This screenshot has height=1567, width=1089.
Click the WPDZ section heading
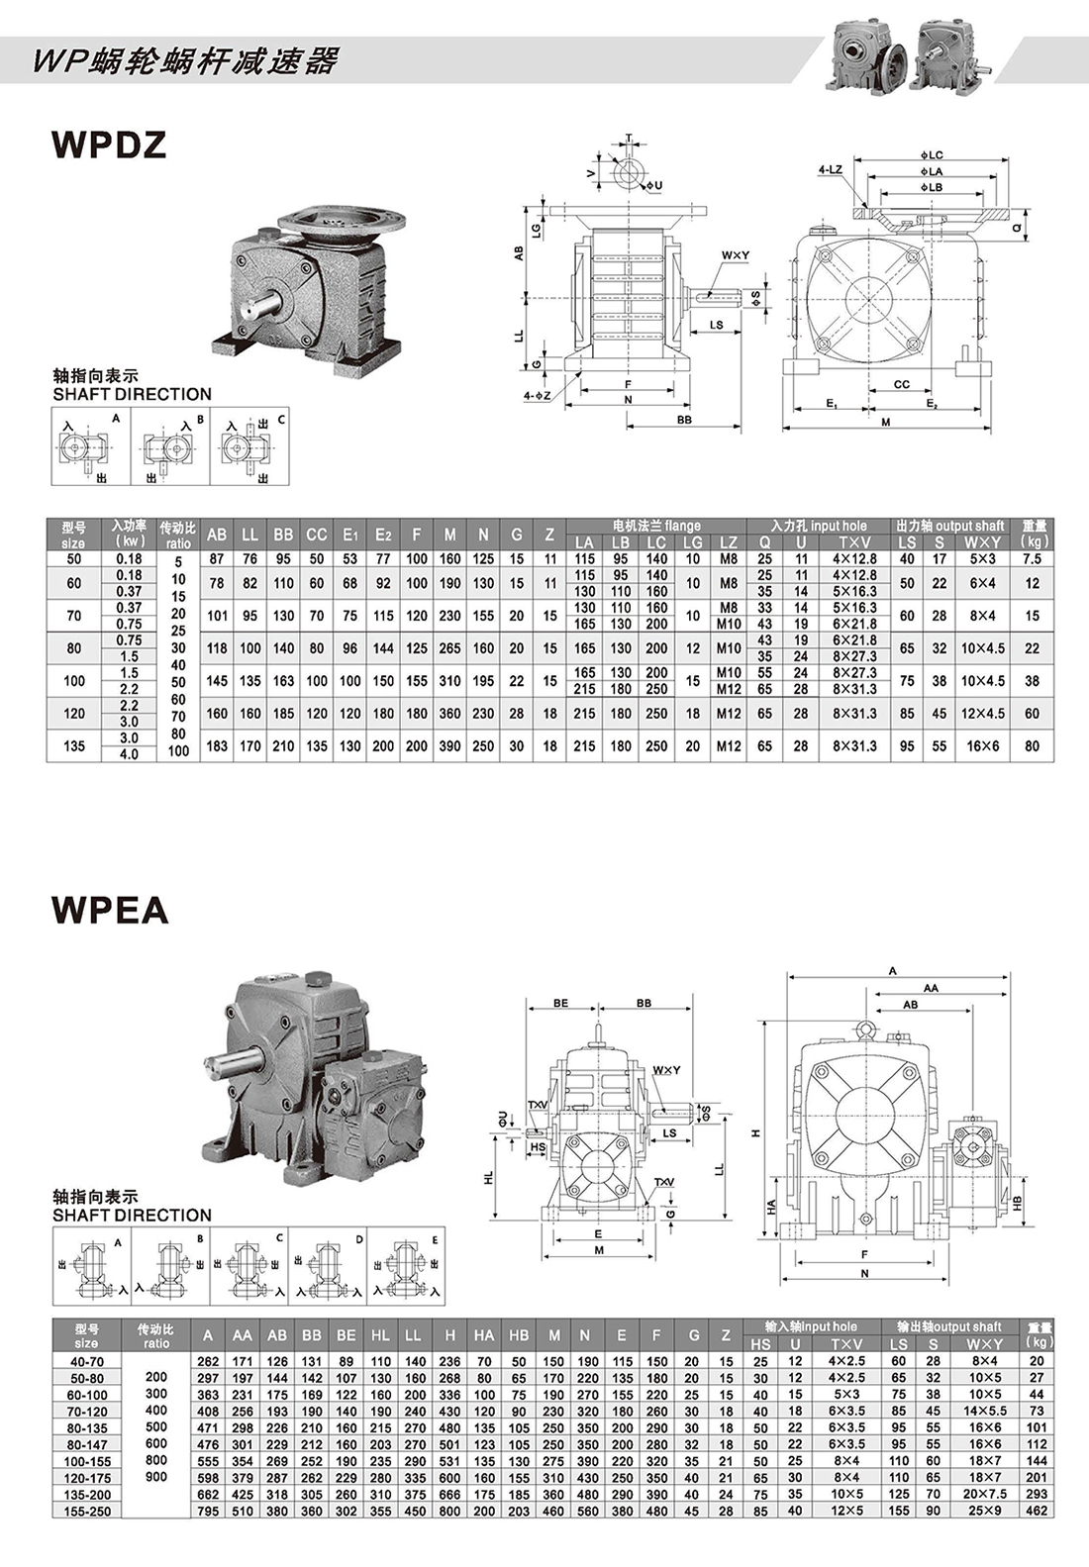click(x=109, y=145)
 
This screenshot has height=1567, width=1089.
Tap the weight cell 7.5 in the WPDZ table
click(x=1032, y=558)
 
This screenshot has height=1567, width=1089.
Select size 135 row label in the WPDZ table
click(x=74, y=745)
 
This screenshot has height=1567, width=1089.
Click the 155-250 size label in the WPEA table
click(x=87, y=1511)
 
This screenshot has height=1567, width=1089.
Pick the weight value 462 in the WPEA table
click(x=1037, y=1511)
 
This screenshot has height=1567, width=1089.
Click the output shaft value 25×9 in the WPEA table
click(x=984, y=1511)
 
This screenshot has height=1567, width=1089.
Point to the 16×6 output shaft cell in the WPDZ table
click(x=982, y=745)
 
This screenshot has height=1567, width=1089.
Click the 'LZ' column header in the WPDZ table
click(x=729, y=542)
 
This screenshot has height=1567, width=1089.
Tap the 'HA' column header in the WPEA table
click(x=483, y=1335)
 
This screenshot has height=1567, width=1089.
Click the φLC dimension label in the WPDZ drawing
click(x=932, y=155)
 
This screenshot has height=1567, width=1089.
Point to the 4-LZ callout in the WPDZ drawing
click(x=830, y=170)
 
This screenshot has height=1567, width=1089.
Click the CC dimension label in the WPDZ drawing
click(x=901, y=384)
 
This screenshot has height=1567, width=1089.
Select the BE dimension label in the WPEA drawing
click(x=561, y=1003)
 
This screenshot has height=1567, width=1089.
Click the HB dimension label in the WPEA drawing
click(x=1017, y=1202)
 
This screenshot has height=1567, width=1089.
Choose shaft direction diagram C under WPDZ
click(x=250, y=447)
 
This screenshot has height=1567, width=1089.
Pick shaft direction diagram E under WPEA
click(x=407, y=1266)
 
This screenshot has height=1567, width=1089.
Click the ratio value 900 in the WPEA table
click(x=156, y=1477)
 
